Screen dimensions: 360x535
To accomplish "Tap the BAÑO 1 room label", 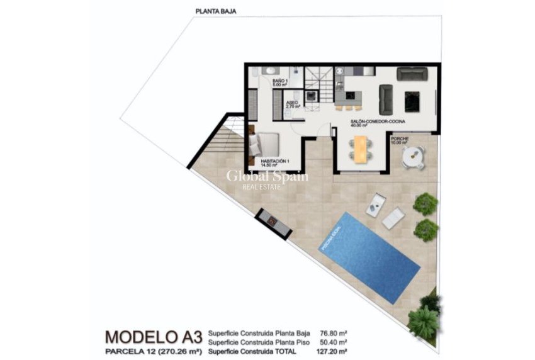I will tap(279, 82).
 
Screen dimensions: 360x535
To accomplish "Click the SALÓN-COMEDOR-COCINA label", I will tap(378, 121).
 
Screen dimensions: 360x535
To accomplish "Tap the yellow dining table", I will tap(360, 149).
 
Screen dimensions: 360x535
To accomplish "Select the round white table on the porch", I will tap(414, 156).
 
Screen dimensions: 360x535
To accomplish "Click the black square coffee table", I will tap(412, 101).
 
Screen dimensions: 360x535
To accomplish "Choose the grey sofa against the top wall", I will tap(412, 74).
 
